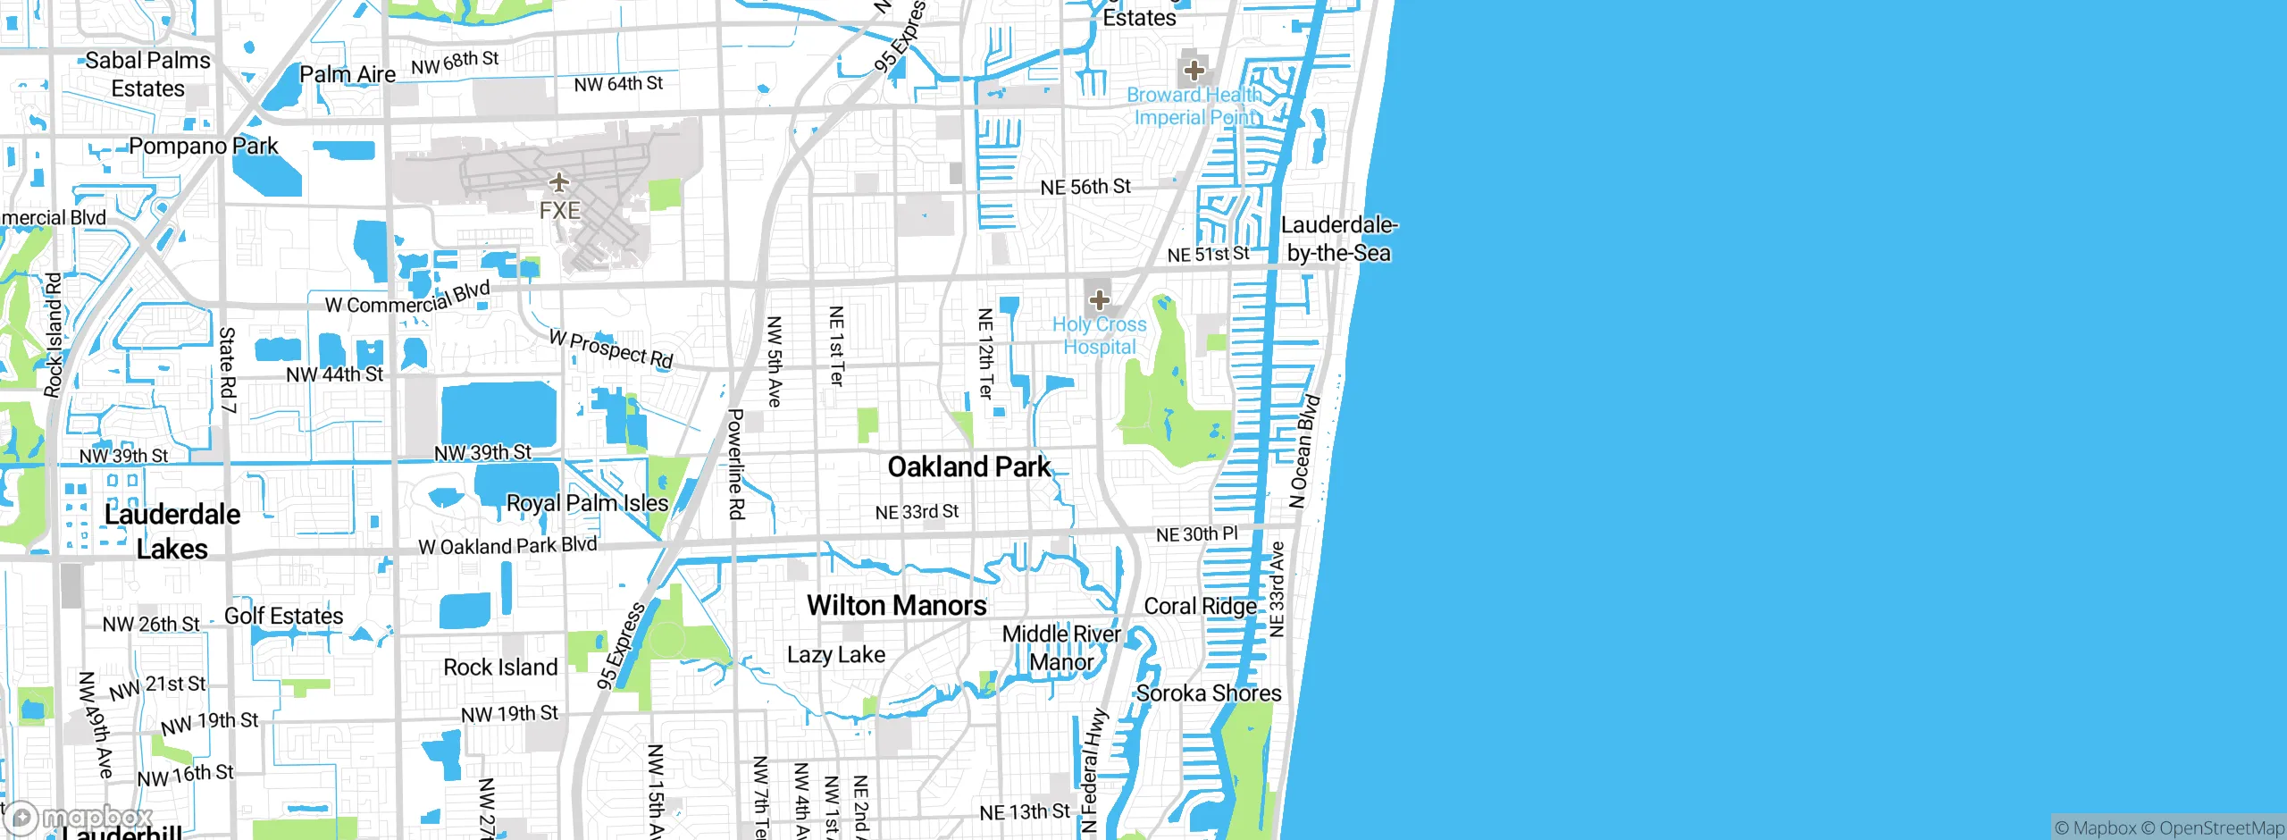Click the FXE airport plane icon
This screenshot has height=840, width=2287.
point(559,183)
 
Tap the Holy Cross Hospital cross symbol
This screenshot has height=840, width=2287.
point(1099,300)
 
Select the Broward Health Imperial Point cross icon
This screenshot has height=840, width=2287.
point(1194,71)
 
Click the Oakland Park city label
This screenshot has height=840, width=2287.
point(969,466)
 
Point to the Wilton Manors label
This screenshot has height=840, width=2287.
point(897,606)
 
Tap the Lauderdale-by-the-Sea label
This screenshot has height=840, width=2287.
point(1338,239)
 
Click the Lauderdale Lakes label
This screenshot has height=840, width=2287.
point(172,532)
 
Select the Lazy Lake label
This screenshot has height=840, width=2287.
point(836,655)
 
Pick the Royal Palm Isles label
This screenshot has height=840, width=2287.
point(587,503)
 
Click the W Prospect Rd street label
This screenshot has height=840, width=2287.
point(611,349)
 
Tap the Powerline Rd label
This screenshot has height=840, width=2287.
point(735,464)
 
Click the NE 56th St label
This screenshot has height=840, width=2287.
point(1085,187)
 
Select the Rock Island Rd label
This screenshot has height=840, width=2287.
point(54,335)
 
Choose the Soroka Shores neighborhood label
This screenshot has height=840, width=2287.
point(1208,693)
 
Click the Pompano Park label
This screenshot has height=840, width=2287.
point(204,146)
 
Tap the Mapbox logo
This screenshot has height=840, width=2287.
point(79,817)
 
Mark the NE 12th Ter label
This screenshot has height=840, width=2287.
point(985,353)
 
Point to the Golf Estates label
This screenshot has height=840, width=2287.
point(283,616)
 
